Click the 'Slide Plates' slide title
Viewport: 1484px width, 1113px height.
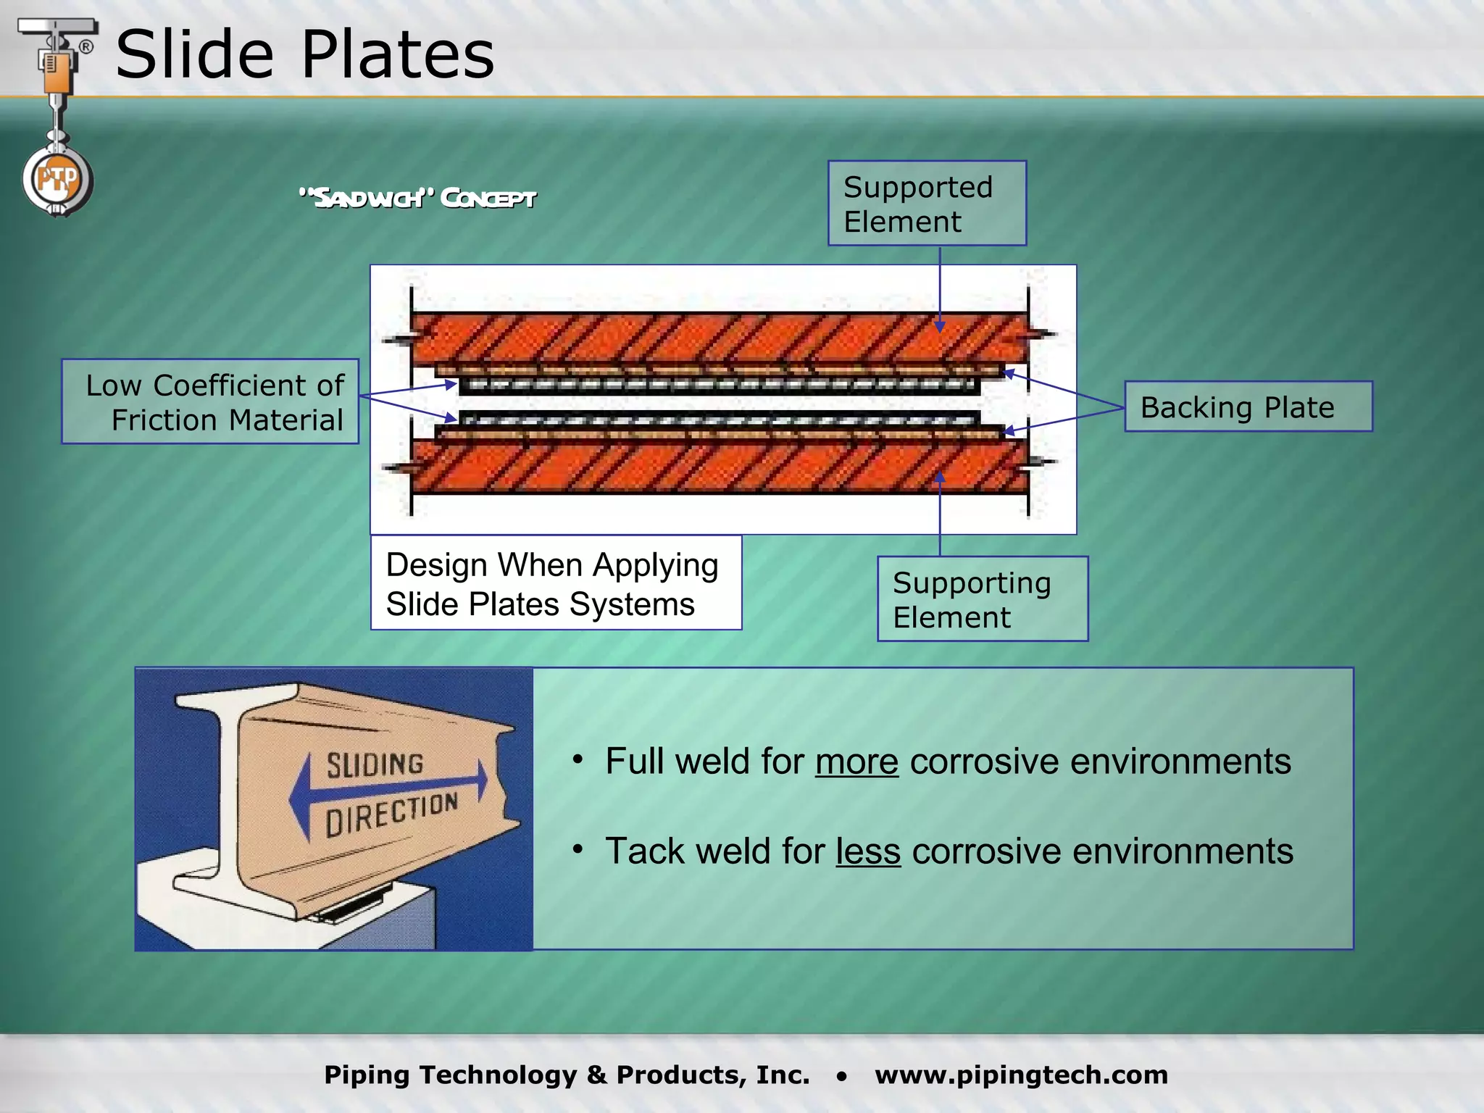(x=304, y=54)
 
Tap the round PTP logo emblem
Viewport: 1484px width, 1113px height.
(x=57, y=180)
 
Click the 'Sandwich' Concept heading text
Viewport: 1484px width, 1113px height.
(x=418, y=198)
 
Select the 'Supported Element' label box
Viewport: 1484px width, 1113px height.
(x=927, y=204)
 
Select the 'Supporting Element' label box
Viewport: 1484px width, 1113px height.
(x=982, y=599)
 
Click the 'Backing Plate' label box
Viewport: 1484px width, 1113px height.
(x=1248, y=407)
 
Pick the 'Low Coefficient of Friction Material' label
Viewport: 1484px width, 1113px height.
(x=211, y=402)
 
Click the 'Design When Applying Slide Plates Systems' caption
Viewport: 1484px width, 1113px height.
(x=556, y=583)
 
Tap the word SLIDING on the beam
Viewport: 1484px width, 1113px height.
(x=375, y=765)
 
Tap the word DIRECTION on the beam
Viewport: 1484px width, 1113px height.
(x=391, y=814)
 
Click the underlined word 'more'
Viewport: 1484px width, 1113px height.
(x=856, y=762)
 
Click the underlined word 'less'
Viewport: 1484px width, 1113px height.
(x=868, y=851)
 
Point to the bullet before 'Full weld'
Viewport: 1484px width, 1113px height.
(x=578, y=759)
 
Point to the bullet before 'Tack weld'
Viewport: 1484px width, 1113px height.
(x=578, y=849)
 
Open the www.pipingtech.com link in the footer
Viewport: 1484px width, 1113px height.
(x=1021, y=1075)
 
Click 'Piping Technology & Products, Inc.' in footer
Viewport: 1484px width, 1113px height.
(x=567, y=1075)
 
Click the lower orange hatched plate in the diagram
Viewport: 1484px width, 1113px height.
(x=717, y=467)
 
